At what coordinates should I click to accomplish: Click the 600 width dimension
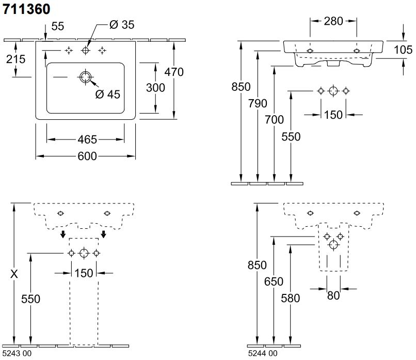pos(86,156)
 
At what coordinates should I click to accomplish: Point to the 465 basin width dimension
pos(86,139)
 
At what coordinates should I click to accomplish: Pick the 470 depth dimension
pos(174,72)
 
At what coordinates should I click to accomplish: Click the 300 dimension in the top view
pos(155,87)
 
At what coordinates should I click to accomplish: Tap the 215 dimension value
pos(15,59)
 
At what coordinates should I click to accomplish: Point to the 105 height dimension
pos(403,49)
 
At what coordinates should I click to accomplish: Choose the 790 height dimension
pos(258,103)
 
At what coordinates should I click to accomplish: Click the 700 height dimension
pos(275,120)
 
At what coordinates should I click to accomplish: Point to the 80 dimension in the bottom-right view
pos(333,296)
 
